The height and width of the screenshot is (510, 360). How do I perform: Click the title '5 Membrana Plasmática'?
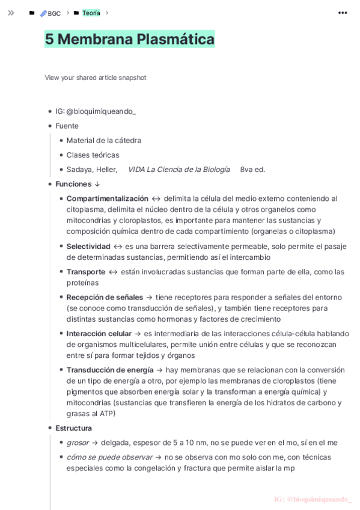click(129, 39)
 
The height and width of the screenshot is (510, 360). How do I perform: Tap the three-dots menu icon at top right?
click(343, 13)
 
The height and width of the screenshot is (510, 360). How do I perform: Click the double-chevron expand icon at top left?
click(11, 13)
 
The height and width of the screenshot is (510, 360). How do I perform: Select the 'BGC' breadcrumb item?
click(53, 13)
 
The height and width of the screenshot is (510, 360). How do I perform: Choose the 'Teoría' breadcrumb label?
click(91, 13)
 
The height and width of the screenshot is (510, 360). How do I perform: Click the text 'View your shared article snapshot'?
click(95, 78)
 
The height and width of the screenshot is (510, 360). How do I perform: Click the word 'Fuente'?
click(67, 126)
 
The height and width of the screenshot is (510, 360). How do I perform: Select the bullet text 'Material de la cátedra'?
click(104, 140)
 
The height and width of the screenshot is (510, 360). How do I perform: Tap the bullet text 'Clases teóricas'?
click(93, 155)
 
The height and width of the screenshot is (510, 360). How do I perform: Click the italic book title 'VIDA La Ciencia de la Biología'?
click(178, 170)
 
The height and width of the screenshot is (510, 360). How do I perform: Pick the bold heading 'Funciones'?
click(73, 184)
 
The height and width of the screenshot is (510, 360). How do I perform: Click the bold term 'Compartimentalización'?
click(107, 198)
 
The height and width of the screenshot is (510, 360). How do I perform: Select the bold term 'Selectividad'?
click(88, 246)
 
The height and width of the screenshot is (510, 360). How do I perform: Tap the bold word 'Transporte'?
click(86, 272)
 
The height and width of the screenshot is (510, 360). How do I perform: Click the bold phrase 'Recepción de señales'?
click(105, 297)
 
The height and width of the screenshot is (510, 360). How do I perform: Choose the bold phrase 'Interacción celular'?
click(99, 334)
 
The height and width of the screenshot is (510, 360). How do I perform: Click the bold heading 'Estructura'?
click(73, 428)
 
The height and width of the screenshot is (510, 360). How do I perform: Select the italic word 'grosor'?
click(78, 443)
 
